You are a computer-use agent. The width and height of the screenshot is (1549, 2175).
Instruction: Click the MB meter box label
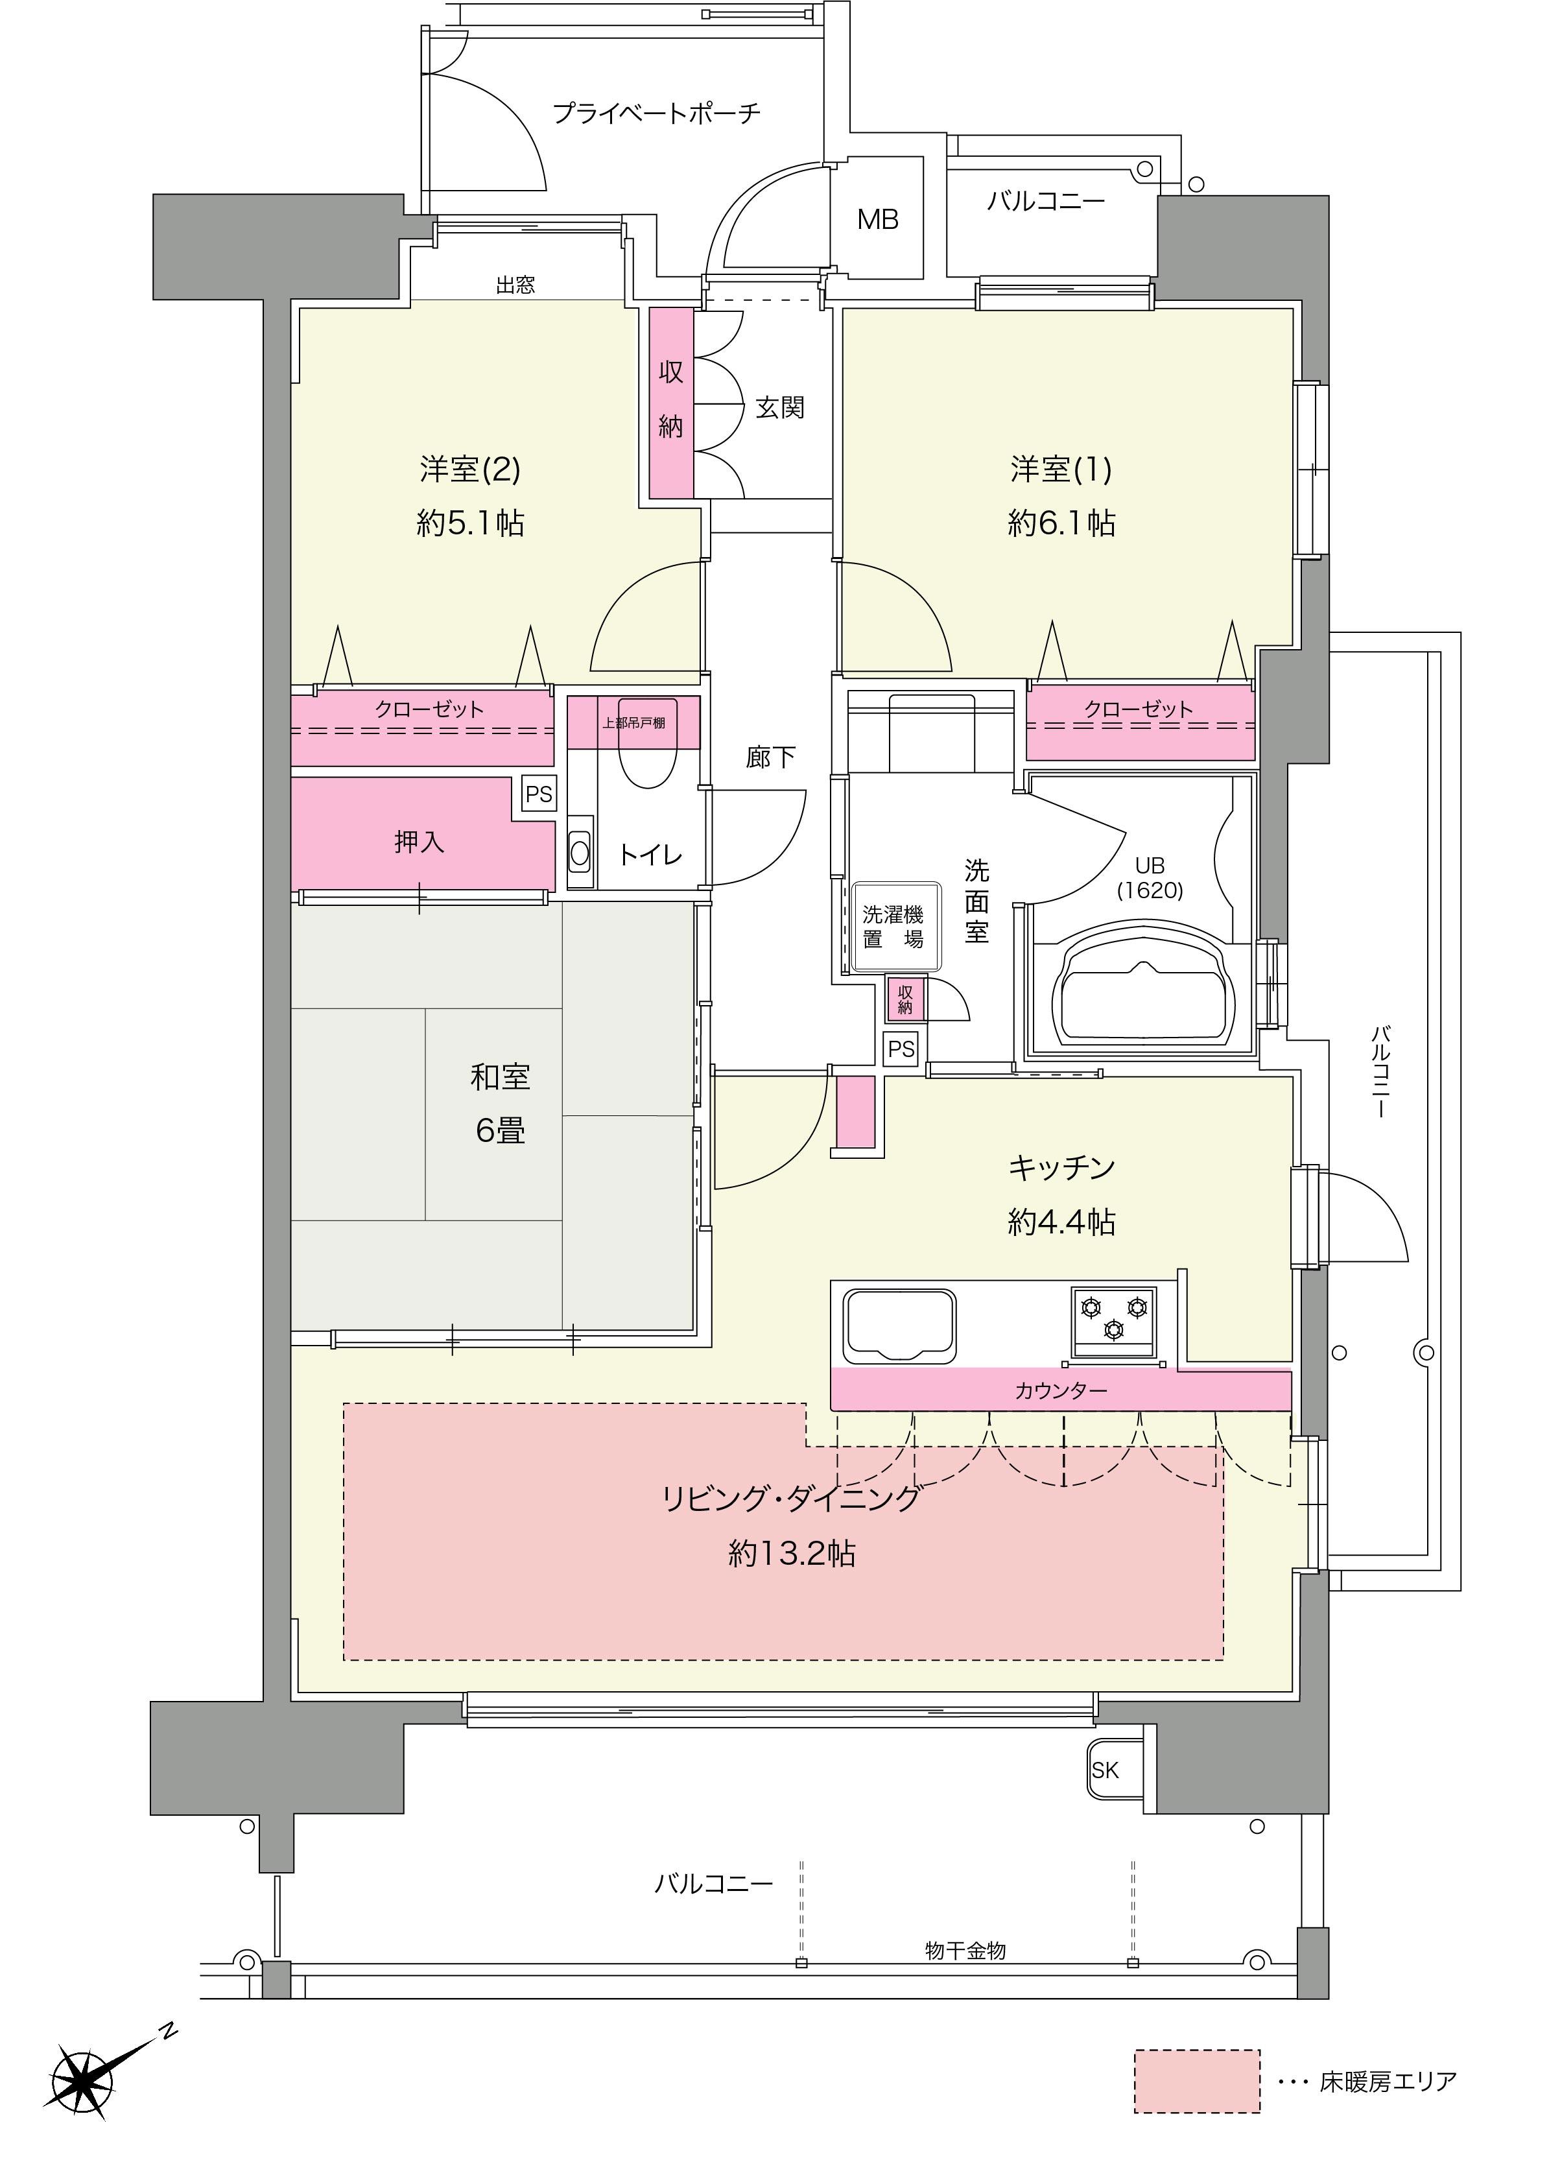[x=877, y=219]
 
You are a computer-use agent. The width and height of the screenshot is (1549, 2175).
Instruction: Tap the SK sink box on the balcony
[x=1106, y=1770]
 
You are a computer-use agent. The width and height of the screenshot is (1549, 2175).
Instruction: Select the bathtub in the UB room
[x=1140, y=988]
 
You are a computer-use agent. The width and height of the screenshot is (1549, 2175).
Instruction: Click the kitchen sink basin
[x=899, y=1324]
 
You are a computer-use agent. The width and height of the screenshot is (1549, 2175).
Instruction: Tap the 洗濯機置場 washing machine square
[x=893, y=926]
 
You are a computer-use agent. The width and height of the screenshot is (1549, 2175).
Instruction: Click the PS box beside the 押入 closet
[x=539, y=794]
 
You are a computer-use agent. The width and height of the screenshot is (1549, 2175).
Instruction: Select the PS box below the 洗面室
[x=901, y=1049]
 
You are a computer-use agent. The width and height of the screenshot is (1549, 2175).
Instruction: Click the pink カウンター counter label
[x=1061, y=1391]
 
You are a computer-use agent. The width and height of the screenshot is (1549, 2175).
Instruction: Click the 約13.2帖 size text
[x=792, y=1554]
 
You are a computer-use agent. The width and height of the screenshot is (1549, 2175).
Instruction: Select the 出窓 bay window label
[x=515, y=284]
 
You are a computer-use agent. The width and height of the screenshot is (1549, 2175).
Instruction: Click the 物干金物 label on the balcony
[x=965, y=1951]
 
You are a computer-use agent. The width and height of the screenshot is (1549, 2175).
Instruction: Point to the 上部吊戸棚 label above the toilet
[x=634, y=722]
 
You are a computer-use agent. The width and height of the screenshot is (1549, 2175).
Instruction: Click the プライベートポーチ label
[x=657, y=113]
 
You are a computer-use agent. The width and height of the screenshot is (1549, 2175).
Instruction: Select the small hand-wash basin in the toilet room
[x=580, y=851]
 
